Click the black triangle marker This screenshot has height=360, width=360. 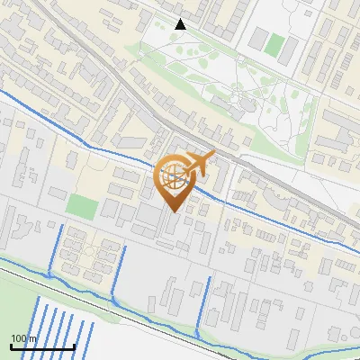tap(181, 24)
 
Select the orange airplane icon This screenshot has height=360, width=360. tap(199, 164)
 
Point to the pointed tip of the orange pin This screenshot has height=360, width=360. tap(174, 211)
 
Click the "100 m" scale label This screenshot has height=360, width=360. tap(23, 338)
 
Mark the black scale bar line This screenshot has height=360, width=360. tap(41, 346)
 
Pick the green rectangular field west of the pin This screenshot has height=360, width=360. tap(82, 206)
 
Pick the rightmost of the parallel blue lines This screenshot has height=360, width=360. tap(89, 336)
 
